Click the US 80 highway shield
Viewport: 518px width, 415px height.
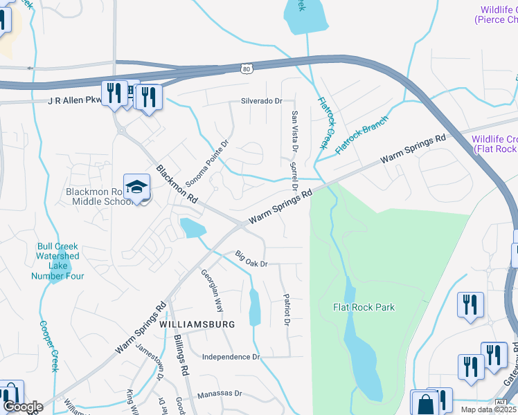[x=247, y=68]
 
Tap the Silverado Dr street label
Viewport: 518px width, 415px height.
[x=262, y=101]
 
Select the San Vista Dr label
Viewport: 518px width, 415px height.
[x=294, y=131]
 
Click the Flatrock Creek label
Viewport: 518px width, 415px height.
[x=324, y=123]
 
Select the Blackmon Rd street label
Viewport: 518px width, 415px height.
[x=177, y=183]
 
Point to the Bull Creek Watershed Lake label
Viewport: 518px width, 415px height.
[x=57, y=261]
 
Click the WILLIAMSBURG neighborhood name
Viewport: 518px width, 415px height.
[x=197, y=324]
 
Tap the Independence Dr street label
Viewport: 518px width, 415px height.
[x=231, y=357]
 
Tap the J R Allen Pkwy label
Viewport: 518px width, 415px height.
[x=75, y=101]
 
